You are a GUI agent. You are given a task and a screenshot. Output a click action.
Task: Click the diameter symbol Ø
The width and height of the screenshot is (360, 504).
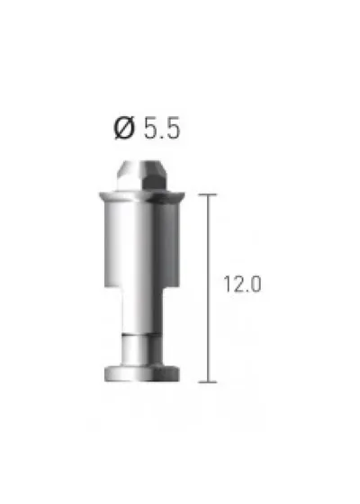(x=124, y=128)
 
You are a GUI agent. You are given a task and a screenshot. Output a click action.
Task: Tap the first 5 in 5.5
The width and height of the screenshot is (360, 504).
(x=151, y=129)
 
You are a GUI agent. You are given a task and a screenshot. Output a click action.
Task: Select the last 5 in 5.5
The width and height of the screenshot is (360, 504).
(x=172, y=129)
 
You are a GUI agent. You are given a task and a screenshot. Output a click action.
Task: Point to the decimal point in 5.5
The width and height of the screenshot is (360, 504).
(x=162, y=137)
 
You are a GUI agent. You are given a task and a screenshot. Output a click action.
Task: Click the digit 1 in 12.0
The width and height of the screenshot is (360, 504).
(x=227, y=284)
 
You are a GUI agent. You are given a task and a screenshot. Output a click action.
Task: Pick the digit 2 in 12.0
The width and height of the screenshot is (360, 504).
(x=238, y=284)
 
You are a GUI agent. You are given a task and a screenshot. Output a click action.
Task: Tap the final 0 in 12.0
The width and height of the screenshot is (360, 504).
(x=256, y=284)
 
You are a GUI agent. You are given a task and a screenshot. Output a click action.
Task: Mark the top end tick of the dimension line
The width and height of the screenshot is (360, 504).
(x=208, y=194)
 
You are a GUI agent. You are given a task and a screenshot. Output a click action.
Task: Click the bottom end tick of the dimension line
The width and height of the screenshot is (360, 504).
(x=208, y=382)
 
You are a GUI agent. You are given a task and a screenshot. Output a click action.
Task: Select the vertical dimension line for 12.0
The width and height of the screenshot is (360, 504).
(x=208, y=288)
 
